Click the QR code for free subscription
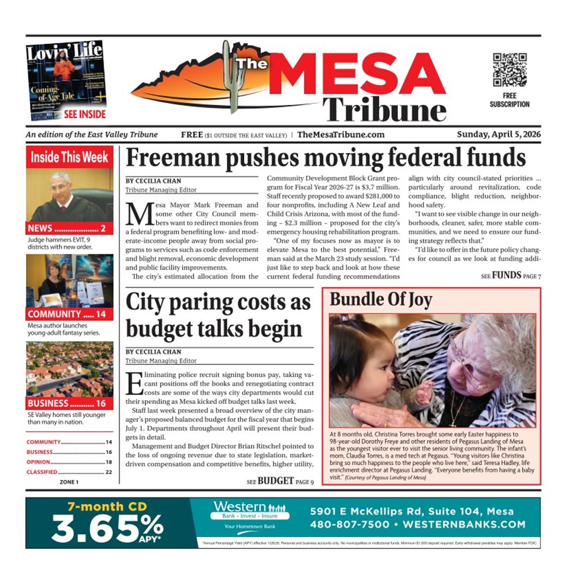tap(509, 70)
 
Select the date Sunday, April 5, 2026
tap(499, 135)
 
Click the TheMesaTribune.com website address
tap(341, 135)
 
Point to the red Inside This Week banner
tap(69, 157)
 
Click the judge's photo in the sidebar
tap(69, 195)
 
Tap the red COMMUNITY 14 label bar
tap(69, 314)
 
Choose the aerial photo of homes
tap(69, 369)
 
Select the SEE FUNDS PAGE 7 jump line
tap(510, 276)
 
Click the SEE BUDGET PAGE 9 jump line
tap(280, 482)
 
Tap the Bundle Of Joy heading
tap(381, 299)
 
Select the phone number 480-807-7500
tap(350, 525)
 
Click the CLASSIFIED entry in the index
tap(43, 472)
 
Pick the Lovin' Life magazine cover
tap(66, 80)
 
